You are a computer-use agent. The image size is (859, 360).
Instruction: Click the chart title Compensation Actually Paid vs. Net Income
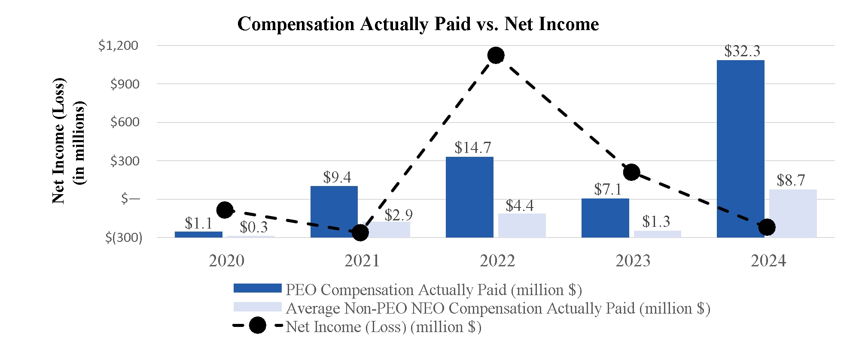point(418,24)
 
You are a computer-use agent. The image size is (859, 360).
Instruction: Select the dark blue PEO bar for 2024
point(740,149)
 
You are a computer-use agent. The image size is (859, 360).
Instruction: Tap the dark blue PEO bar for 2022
point(469,197)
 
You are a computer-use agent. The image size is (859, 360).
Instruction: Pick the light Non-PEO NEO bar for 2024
point(793,214)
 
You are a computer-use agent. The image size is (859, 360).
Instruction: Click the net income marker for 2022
point(496,55)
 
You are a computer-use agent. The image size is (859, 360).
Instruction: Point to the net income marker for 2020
point(225,210)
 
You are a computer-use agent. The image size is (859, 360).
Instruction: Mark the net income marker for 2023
point(631,172)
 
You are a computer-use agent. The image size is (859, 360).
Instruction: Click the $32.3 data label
point(742,52)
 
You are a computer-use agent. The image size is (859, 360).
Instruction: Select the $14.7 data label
point(472,148)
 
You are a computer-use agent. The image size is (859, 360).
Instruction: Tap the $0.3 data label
point(253,227)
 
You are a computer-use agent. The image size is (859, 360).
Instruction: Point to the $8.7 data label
point(791,180)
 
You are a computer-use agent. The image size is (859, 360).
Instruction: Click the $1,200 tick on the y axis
point(119,46)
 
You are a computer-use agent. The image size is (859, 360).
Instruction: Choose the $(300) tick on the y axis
point(124,238)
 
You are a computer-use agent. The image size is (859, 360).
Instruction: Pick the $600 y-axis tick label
point(125,122)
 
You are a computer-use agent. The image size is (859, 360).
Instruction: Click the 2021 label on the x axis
point(362,261)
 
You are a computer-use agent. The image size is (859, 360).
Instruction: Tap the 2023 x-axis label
point(633,261)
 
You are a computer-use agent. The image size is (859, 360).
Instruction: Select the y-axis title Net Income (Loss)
point(58,141)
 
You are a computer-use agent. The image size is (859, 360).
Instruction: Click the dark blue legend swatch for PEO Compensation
point(257,288)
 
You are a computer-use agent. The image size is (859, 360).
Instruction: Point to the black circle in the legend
point(258,326)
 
